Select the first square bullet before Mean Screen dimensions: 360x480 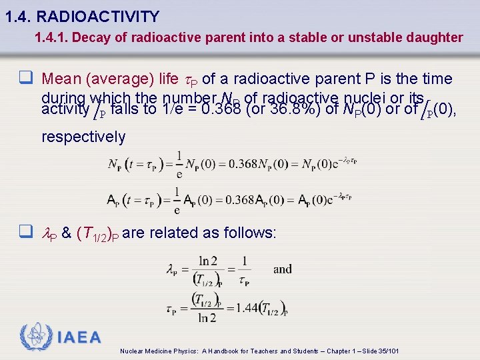(x=27, y=79)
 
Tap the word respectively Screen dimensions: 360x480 (x=83, y=137)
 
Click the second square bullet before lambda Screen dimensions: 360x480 (x=27, y=233)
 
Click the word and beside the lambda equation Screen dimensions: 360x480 (x=283, y=269)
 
